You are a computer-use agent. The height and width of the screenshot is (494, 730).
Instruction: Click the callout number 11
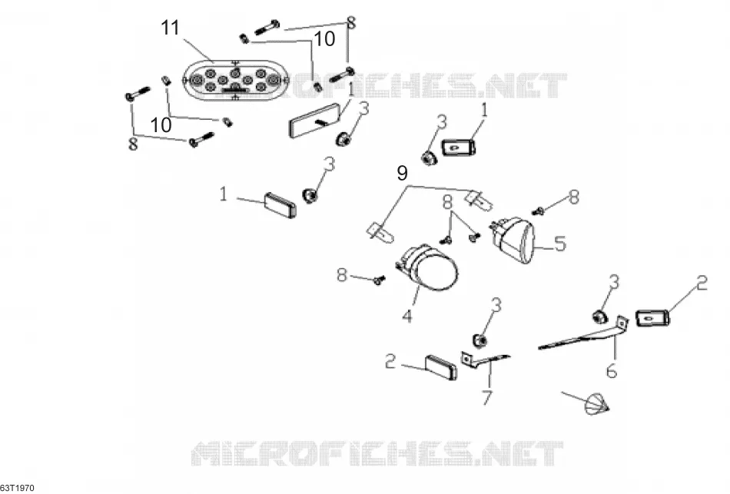point(171,28)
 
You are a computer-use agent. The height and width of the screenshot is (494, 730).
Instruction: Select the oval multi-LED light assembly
point(236,80)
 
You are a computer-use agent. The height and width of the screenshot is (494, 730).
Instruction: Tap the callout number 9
point(402,173)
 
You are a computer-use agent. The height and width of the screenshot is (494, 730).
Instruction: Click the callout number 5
point(559,244)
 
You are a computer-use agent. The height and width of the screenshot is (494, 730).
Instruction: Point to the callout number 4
point(407,316)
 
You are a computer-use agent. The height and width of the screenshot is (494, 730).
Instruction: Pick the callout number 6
point(612,370)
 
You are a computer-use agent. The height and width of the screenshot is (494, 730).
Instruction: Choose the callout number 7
point(486,397)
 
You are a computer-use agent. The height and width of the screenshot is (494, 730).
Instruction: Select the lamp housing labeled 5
point(513,240)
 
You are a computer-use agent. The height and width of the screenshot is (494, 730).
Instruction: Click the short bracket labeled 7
point(484,360)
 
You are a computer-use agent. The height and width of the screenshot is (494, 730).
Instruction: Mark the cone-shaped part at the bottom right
point(596,404)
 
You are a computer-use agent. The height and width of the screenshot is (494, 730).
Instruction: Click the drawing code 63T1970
point(17,488)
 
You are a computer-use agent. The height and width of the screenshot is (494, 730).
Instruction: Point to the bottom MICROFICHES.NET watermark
point(377,453)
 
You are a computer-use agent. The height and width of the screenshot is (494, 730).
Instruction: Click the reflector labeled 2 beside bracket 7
point(441,367)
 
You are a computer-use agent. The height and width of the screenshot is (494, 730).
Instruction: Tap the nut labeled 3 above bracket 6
point(600,316)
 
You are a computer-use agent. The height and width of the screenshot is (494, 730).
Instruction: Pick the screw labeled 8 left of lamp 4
point(380,280)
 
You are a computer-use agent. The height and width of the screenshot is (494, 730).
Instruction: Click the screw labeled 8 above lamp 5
point(539,211)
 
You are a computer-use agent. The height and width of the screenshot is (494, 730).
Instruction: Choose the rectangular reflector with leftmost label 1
point(280,205)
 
